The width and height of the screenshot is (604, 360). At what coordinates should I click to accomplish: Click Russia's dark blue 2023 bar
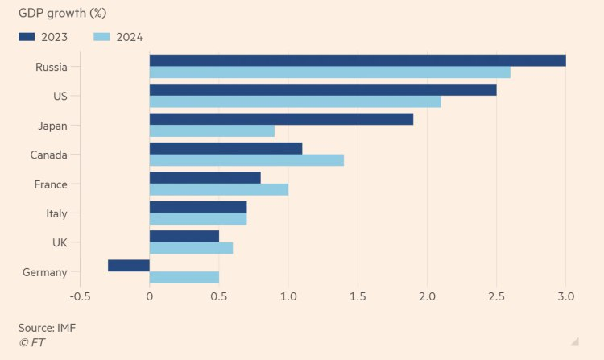(x=358, y=60)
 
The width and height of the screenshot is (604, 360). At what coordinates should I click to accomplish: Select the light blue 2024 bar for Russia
(x=329, y=72)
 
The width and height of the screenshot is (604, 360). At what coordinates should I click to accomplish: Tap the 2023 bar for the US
(x=323, y=89)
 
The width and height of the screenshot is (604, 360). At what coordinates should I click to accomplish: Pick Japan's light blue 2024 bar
(x=212, y=131)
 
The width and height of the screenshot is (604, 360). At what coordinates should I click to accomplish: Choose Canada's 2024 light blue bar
(x=246, y=160)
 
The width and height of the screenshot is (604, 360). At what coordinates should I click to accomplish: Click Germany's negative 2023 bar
(x=129, y=266)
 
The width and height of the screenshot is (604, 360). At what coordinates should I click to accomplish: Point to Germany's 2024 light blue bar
(x=184, y=278)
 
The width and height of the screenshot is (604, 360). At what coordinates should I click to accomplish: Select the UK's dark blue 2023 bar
(x=184, y=236)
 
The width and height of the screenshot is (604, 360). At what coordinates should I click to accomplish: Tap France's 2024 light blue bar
(x=219, y=189)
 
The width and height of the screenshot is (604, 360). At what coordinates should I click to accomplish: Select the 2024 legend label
(x=129, y=36)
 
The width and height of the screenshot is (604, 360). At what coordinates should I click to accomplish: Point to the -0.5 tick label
(x=80, y=296)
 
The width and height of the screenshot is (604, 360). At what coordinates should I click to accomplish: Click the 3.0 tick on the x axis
(x=565, y=296)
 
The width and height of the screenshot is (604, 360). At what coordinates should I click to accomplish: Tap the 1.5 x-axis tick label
(x=358, y=296)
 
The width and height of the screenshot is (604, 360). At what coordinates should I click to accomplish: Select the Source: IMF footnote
(x=47, y=328)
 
